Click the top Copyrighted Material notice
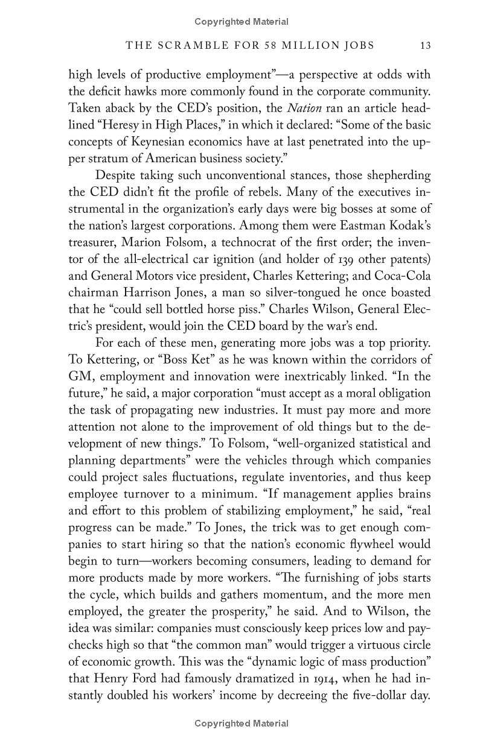[241, 22]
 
